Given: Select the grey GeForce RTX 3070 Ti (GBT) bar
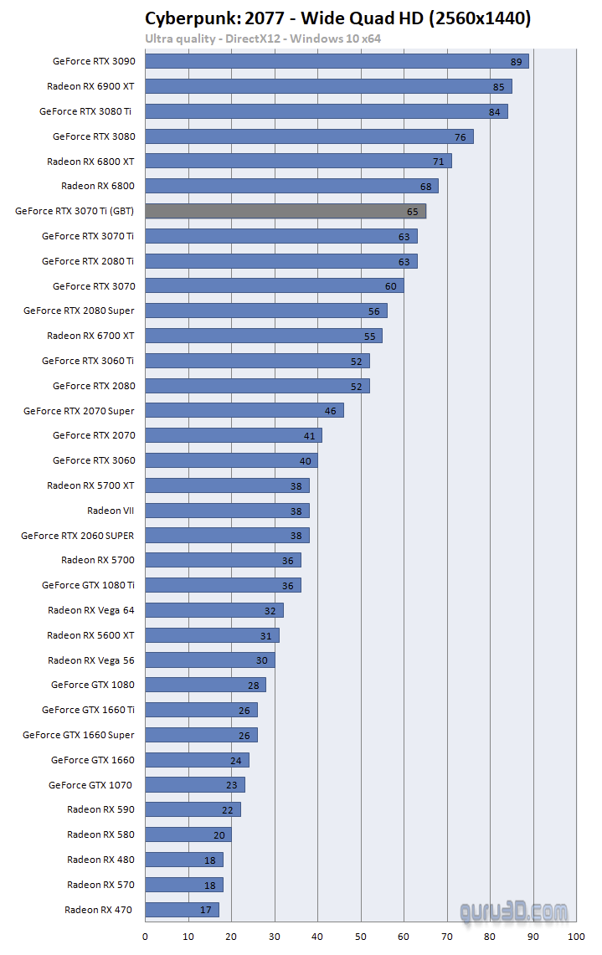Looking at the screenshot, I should point(286,211).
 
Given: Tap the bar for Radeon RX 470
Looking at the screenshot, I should point(182,909).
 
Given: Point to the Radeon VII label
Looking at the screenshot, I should point(111,511).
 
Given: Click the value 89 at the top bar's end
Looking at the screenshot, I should point(517,61).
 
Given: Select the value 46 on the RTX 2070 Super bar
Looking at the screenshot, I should point(332,411).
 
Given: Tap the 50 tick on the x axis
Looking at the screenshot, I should point(361,936).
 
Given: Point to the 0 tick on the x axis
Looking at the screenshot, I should point(146,936).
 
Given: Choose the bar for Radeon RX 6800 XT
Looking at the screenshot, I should point(298,161).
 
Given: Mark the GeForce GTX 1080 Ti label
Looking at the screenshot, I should point(88,585).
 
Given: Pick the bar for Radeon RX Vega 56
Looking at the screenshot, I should point(210,660).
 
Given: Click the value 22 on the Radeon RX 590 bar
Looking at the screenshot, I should point(228,809).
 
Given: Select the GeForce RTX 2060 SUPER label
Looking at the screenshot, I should point(78,536).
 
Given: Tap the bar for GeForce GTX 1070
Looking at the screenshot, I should point(195,784).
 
